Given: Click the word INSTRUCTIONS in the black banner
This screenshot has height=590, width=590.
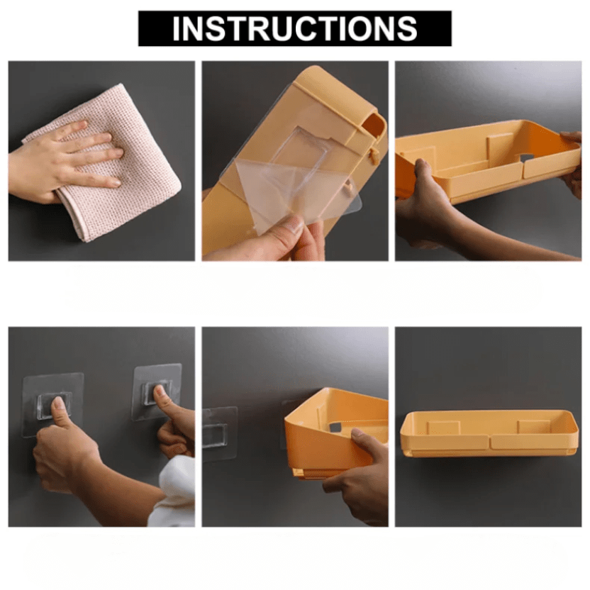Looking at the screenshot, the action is point(294,28).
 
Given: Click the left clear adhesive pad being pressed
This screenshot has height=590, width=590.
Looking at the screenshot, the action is point(52,404).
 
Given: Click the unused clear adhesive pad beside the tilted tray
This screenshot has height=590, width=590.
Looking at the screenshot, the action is point(219,433).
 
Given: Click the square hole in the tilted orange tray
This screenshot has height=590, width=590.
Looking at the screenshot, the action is point(334,428).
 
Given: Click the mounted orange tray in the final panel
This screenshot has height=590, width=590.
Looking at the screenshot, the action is point(489,433).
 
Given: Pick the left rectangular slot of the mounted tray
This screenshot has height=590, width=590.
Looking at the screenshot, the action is point(443,428).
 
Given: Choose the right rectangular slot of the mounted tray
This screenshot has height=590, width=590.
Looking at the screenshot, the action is point(533,427).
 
